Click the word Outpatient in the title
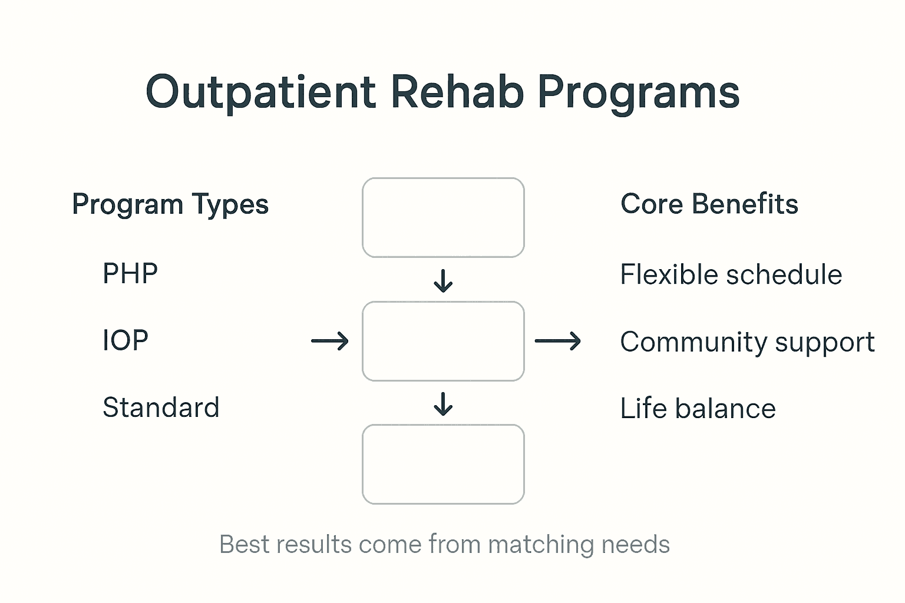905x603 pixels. point(260,92)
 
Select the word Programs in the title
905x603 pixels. point(639,92)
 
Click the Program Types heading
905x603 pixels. point(170,205)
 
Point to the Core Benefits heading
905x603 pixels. point(709,204)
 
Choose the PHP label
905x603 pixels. point(130,274)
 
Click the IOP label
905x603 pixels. point(125,340)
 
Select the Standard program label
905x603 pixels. point(161,407)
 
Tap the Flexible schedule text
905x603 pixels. point(731,275)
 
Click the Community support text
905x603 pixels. point(747,342)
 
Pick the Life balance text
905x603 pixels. point(698,409)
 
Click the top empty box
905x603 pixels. point(443,217)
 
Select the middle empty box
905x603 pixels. point(443,341)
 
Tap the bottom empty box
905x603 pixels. point(443,464)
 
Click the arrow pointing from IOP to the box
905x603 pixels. point(330,341)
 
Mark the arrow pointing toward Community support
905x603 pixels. point(557,341)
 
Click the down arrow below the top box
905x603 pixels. point(443,281)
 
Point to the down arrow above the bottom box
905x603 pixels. point(443,404)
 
